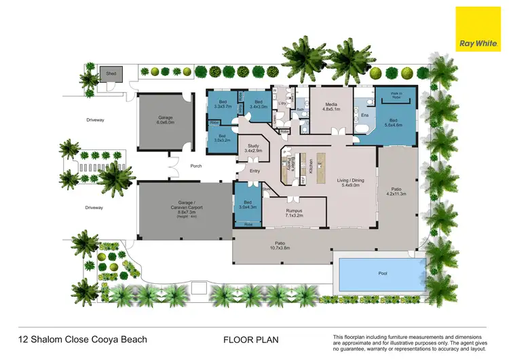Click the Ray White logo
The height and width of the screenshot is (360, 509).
[477, 29]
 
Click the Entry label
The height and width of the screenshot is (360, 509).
[254, 170]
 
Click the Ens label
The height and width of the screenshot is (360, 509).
[364, 115]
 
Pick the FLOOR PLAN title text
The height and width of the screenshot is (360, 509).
[250, 339]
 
